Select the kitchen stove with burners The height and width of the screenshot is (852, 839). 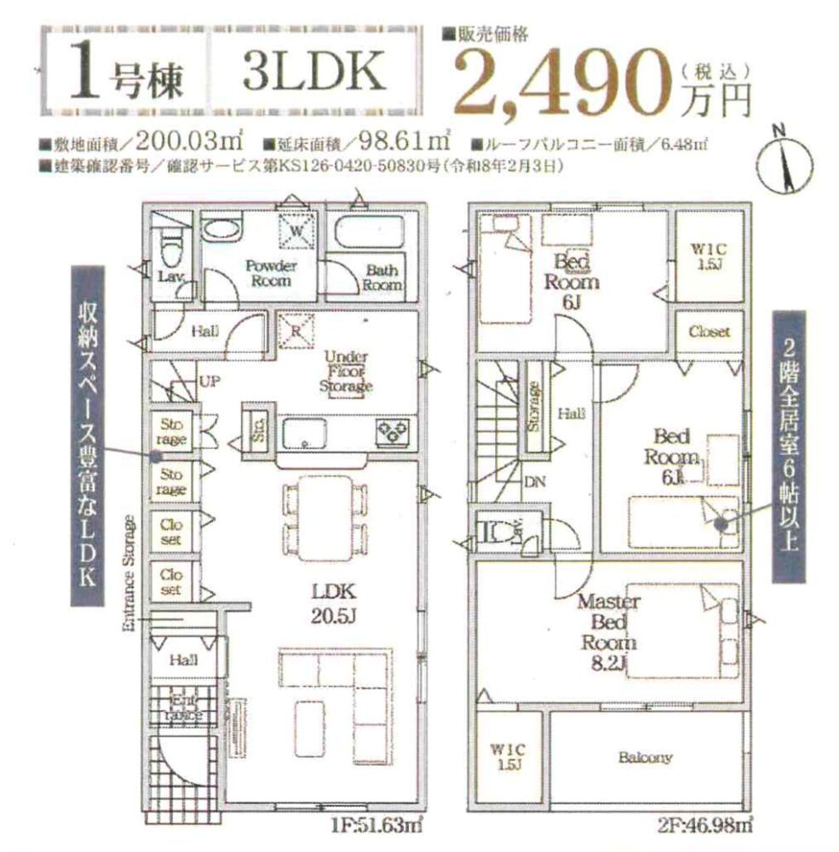(394, 431)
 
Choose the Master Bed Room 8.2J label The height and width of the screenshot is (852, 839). (603, 630)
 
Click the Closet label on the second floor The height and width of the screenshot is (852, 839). (709, 332)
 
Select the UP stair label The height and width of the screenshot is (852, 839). (209, 381)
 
